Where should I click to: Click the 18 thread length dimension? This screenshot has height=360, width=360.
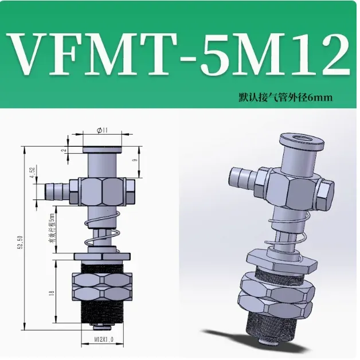(x=52, y=294)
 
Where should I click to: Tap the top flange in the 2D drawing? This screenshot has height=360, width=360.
(x=103, y=149)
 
